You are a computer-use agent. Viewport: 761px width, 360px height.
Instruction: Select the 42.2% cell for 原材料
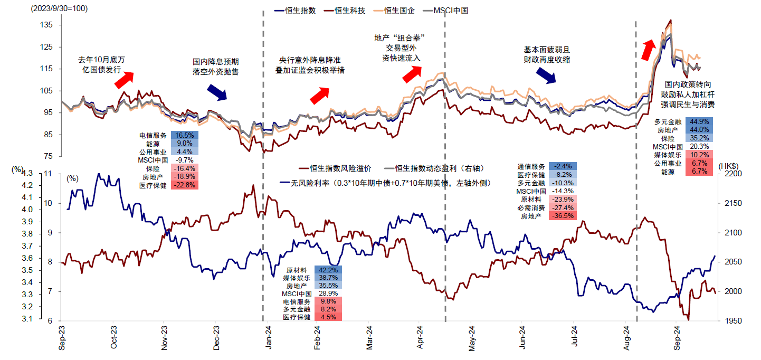click(328, 270)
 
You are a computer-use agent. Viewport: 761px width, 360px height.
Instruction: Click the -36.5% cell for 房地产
click(562, 216)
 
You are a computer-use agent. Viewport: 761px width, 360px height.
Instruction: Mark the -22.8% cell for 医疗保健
click(184, 185)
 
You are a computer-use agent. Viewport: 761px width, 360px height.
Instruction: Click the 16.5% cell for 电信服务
click(184, 135)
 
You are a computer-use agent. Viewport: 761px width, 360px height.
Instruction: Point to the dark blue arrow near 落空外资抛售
click(216, 92)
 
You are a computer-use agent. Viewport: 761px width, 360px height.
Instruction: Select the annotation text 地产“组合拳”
click(399, 37)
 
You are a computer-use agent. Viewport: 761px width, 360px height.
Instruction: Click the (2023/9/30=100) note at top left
click(60, 9)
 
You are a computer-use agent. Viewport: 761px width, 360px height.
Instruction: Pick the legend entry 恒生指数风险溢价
click(335, 169)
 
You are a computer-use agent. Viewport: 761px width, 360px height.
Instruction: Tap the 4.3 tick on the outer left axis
click(26, 174)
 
